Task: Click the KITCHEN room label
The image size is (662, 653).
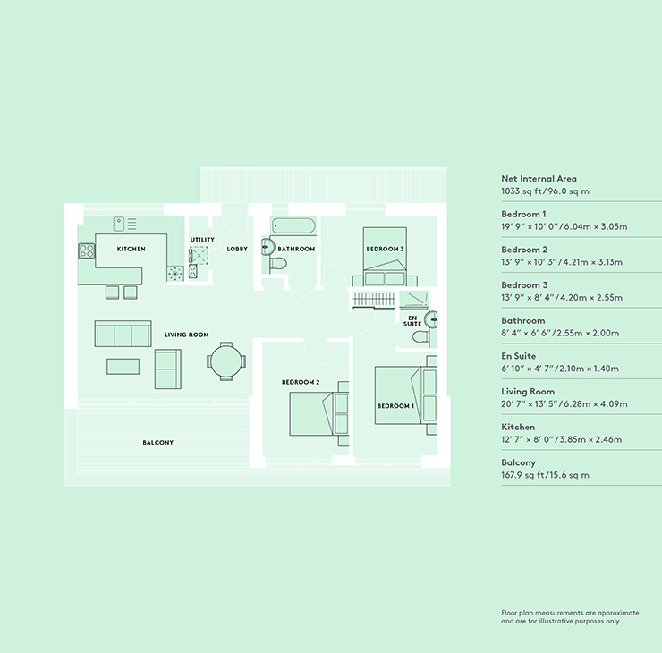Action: [131, 249]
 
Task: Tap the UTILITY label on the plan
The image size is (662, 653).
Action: [202, 240]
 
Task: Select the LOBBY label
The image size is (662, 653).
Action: [237, 249]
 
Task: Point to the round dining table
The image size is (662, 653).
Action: [225, 362]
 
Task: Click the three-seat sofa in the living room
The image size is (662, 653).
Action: [123, 334]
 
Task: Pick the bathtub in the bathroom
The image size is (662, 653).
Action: [293, 226]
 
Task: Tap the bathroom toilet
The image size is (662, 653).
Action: [277, 264]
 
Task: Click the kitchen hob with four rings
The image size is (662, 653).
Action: [87, 251]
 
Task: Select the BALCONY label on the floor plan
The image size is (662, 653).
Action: [158, 443]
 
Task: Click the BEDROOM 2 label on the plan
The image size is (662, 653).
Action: [301, 383]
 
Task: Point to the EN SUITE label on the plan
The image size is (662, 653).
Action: [412, 320]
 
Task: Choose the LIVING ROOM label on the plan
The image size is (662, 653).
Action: [186, 335]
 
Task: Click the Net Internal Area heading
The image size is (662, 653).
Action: [539, 179]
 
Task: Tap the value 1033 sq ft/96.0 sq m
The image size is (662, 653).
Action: [545, 191]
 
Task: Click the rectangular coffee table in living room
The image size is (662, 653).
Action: [123, 365]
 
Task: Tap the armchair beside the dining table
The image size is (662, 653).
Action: [167, 369]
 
